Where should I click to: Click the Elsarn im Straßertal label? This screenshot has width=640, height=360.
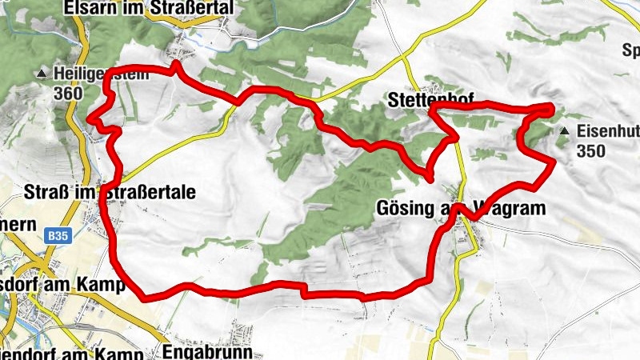[150, 8]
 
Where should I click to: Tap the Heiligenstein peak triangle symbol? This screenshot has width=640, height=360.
[42, 74]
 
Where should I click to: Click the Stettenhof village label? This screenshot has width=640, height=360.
[429, 100]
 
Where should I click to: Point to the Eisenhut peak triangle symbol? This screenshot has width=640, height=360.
[565, 130]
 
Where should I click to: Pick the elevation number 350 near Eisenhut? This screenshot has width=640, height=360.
[590, 150]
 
